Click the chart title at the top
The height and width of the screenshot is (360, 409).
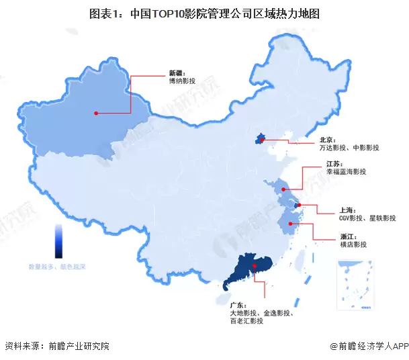pyautogui.click(x=204, y=12)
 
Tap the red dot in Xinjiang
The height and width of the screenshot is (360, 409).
pyautogui.click(x=96, y=113)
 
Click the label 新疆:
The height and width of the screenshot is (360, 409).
pyautogui.click(x=176, y=71)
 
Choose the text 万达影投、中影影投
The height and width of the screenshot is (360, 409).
pyautogui.click(x=349, y=148)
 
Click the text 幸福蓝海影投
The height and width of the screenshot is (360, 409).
pyautogui.click(x=346, y=173)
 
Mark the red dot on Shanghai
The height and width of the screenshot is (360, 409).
pyautogui.click(x=299, y=205)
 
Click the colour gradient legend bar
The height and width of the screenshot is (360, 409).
pyautogui.click(x=58, y=241)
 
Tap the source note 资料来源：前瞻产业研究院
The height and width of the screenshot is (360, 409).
pyautogui.click(x=56, y=347)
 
